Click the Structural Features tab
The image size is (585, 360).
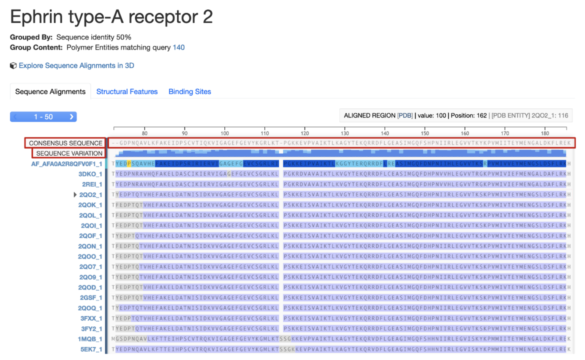pyautogui.click(x=127, y=91)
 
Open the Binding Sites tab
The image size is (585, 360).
pyautogui.click(x=189, y=91)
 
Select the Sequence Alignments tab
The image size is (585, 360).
pyautogui.click(x=50, y=91)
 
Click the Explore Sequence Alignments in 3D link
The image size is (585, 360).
pyautogui.click(x=76, y=65)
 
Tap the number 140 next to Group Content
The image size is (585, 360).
pyautogui.click(x=178, y=47)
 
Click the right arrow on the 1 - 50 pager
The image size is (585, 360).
pyautogui.click(x=71, y=116)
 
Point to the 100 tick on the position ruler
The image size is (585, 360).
pyautogui.click(x=224, y=133)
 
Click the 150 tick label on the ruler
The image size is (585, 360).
pyautogui.click(x=425, y=133)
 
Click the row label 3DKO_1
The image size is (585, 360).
pyautogui.click(x=90, y=174)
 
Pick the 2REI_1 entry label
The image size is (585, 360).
pyautogui.click(x=92, y=184)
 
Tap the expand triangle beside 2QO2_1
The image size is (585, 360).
pyautogui.click(x=75, y=195)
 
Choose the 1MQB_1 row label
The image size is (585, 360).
pyautogui.click(x=90, y=339)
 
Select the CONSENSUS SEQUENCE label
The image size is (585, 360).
pyautogui.click(x=65, y=143)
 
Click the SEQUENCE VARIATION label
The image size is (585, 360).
pyautogui.click(x=69, y=153)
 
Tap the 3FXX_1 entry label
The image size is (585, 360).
pyautogui.click(x=91, y=318)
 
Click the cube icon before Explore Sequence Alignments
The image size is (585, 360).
pyautogui.click(x=13, y=65)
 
